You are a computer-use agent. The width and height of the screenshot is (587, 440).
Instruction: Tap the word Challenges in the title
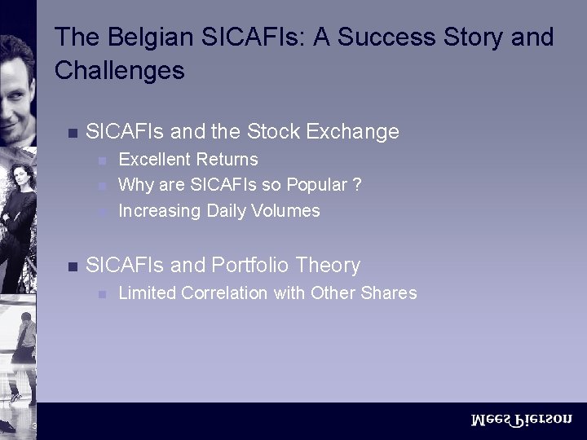tap(119, 71)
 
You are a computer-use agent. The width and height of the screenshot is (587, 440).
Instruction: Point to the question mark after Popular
tap(356, 185)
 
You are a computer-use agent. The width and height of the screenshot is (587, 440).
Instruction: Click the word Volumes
tap(285, 210)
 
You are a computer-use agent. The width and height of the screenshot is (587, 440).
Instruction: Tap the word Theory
tap(329, 265)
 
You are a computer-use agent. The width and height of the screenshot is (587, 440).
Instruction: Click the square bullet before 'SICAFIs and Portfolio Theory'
tap(71, 266)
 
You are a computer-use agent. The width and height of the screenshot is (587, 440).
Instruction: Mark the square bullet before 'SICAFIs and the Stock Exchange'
tap(71, 132)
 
